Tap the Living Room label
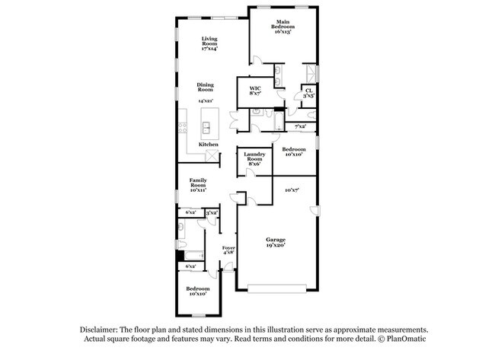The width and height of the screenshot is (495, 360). pyautogui.click(x=209, y=43)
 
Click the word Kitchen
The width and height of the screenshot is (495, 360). pyautogui.click(x=209, y=144)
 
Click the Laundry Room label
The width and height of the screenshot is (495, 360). pyautogui.click(x=254, y=159)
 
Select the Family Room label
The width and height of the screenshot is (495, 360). pyautogui.click(x=199, y=185)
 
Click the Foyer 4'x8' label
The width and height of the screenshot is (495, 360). pyautogui.click(x=228, y=251)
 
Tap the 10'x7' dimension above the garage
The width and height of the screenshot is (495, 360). pyautogui.click(x=291, y=189)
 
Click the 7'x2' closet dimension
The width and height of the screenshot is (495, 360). pyautogui.click(x=300, y=126)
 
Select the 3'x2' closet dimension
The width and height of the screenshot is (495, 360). pyautogui.click(x=212, y=213)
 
